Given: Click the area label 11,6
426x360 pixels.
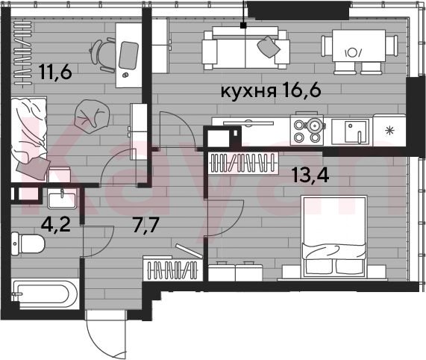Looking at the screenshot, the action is pos(55,72).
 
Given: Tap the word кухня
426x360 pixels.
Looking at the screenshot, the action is pos(248,91).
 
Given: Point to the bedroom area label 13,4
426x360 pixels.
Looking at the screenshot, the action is pos(310,175).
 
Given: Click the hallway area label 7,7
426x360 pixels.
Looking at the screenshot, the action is pos(146,226).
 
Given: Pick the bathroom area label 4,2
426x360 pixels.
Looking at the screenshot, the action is pos(56,224).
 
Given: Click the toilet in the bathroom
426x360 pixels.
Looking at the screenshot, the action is pos(28,243).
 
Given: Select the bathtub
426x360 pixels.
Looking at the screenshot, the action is pos(45,295).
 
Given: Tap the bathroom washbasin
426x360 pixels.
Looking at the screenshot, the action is pos(62,199).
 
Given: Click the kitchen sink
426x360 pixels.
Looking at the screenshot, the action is pos(351,132).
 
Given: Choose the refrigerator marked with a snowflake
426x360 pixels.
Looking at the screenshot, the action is pos(389,131).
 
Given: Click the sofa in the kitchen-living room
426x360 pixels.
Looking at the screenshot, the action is pos(245,48).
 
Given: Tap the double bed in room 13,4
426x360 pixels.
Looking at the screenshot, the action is pos(335,236).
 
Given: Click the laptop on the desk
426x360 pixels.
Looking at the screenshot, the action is pos(129,55).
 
